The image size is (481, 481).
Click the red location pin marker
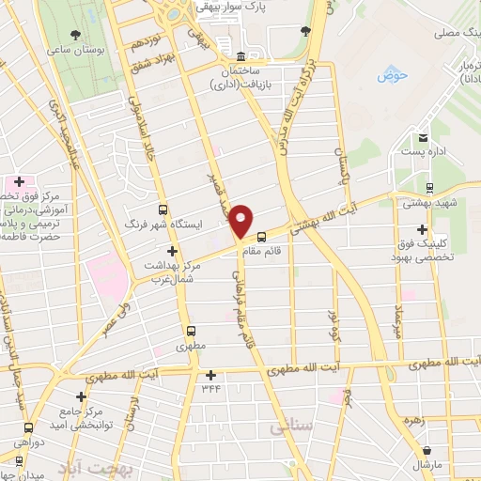point(242,222)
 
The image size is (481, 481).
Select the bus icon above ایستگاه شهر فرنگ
point(163,210)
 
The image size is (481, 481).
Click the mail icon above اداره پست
point(424,135)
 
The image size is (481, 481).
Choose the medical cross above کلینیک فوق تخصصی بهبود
point(422,229)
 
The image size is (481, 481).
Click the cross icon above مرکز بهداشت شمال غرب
point(171,251)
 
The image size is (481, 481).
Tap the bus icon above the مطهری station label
point(192,331)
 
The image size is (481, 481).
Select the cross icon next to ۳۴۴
point(210,376)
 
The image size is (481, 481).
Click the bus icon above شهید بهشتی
point(429,188)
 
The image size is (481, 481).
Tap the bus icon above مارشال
point(427,450)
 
